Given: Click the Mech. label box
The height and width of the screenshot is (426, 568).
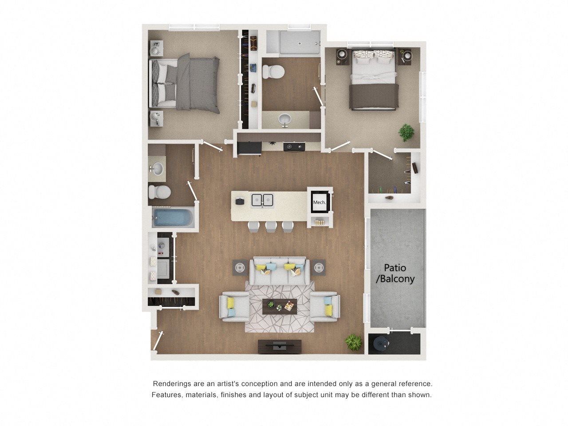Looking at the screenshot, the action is coord(319,202).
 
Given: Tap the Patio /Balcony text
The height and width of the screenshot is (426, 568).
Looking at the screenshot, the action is coord(395,273).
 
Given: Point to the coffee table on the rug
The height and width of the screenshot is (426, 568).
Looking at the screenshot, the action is coord(280,307).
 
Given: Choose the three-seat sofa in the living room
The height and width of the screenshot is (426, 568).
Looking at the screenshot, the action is coord(280,271).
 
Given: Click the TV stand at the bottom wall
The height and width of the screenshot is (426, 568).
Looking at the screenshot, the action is coord(280,347).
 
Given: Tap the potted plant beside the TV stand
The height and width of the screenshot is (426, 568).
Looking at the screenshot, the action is coord(353,342).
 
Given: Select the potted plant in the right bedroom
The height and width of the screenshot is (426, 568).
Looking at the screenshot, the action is coord(406,132).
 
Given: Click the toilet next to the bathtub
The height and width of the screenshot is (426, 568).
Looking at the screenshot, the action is coord(159,192).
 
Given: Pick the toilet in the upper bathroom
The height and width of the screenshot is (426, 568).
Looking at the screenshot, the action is coord(273,71).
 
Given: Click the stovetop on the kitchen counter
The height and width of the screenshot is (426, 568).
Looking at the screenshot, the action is coord(294,146).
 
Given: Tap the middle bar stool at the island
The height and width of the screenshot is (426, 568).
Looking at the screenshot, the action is coord(271,227).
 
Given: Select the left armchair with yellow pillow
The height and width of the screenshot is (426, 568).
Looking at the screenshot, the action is coord(234,307).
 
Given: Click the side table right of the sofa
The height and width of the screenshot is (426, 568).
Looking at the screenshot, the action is coord(319,267).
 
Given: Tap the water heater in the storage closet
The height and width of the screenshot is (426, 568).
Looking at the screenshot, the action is coord(379,343).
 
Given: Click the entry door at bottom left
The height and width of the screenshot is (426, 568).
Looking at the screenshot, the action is coord(158,341).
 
